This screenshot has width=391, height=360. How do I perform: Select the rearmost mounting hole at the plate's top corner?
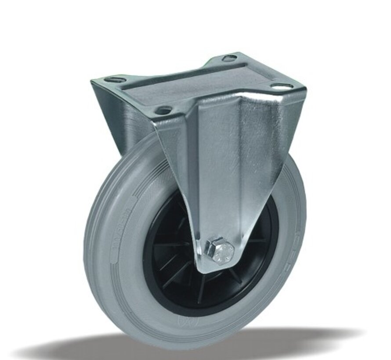228,58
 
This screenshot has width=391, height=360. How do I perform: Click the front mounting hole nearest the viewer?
164,110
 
